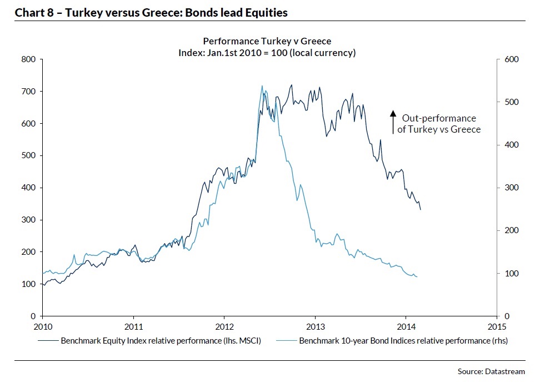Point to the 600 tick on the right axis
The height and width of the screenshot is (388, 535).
[x=511, y=59]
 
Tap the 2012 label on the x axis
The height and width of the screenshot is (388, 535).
[x=224, y=326]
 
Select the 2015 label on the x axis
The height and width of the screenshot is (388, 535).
[x=497, y=326]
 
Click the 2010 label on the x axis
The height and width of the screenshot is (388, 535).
[x=43, y=326]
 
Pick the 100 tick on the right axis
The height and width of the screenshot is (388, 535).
[x=511, y=274]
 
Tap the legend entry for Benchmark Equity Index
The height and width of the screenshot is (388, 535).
[x=150, y=341]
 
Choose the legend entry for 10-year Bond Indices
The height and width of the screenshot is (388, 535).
[x=394, y=341]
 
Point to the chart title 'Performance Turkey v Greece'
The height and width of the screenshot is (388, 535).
[x=267, y=42]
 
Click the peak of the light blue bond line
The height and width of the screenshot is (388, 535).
[x=262, y=86]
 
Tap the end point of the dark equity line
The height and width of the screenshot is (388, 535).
[x=421, y=209]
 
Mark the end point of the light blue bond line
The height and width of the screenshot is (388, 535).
[x=417, y=276]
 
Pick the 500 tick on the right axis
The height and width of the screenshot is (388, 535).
[x=511, y=102]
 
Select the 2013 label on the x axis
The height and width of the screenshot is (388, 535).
[x=316, y=326]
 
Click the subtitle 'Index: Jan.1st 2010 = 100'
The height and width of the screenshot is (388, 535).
[x=267, y=53]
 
